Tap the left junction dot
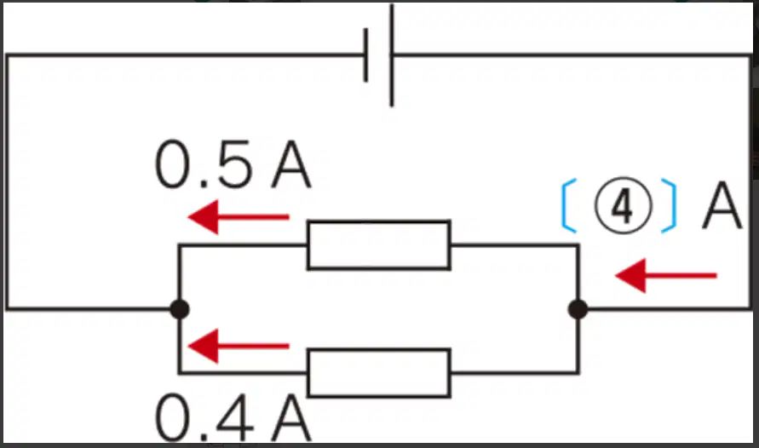pyautogui.click(x=180, y=309)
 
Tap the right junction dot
pyautogui.click(x=578, y=309)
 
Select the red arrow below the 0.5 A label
pyautogui.click(x=239, y=217)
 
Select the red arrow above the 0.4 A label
pyautogui.click(x=239, y=346)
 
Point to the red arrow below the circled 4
pyautogui.click(x=665, y=276)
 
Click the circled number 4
pyautogui.click(x=623, y=205)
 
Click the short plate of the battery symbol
pyautogui.click(x=366, y=55)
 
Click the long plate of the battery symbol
pyautogui.click(x=392, y=55)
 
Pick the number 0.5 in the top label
pyautogui.click(x=204, y=164)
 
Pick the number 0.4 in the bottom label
pyautogui.click(x=204, y=417)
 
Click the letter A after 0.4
pyautogui.click(x=291, y=417)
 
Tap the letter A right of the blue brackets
pyautogui.click(x=722, y=205)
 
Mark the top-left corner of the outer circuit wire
pyautogui.click(x=8, y=55)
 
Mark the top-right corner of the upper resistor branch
pyautogui.click(x=578, y=246)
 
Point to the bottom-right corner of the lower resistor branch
pyautogui.click(x=578, y=372)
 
